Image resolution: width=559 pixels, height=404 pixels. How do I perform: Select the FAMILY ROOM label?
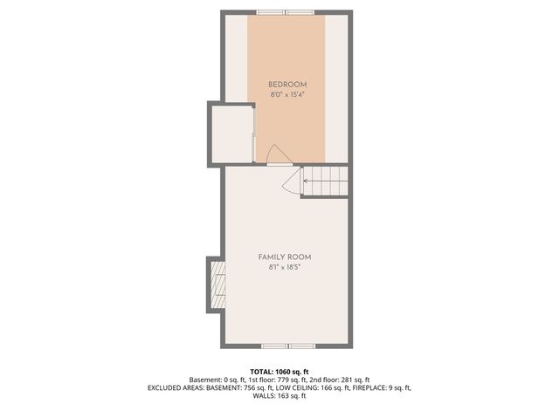coord(285,257)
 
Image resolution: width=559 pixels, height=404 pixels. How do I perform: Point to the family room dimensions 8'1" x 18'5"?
coord(285,267)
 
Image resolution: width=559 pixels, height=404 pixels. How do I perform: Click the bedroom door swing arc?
coord(279,154)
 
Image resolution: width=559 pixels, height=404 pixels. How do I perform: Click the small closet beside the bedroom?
coord(231,134)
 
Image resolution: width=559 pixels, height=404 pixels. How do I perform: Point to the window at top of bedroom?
coord(286,12)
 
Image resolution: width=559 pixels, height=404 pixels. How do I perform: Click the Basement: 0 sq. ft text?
coord(218,380)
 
